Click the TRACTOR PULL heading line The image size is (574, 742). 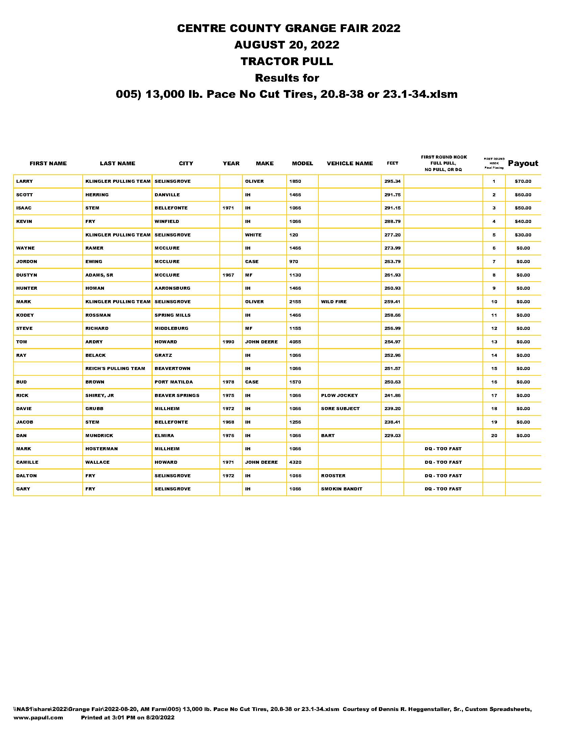pyautogui.click(x=287, y=61)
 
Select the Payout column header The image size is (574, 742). pyautogui.click(x=523, y=164)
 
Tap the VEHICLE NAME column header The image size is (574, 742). pyautogui.click(x=349, y=164)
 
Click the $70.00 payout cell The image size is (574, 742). pyautogui.click(x=523, y=181)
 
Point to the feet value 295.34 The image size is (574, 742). pyautogui.click(x=392, y=181)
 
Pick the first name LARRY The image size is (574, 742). pyautogui.click(x=25, y=181)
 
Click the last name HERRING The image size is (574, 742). pyautogui.click(x=97, y=195)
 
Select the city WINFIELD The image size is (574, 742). pyautogui.click(x=166, y=222)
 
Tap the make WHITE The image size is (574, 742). pyautogui.click(x=253, y=235)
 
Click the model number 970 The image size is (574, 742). pyautogui.click(x=293, y=262)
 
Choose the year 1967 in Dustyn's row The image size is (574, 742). pyautogui.click(x=228, y=275)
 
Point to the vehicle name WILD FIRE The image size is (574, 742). pyautogui.click(x=334, y=302)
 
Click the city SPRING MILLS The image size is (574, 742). pyautogui.click(x=173, y=315)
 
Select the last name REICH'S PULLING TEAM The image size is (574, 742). pyautogui.click(x=115, y=369)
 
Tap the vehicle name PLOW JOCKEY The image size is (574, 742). pyautogui.click(x=339, y=396)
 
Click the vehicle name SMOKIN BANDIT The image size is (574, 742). pyautogui.click(x=341, y=489)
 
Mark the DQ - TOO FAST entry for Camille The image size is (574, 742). pyautogui.click(x=443, y=462)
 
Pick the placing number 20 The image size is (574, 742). pyautogui.click(x=494, y=435)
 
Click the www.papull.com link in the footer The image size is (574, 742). pyautogui.click(x=38, y=717)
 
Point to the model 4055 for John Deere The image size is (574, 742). pyautogui.click(x=295, y=342)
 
